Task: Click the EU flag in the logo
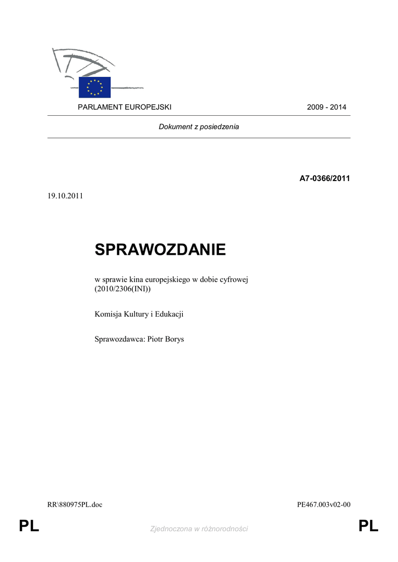[x=95, y=87]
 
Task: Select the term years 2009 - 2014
[x=327, y=107]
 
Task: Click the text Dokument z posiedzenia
[x=199, y=127]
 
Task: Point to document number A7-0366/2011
[x=324, y=178]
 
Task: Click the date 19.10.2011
[x=65, y=196]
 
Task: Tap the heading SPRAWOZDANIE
[x=160, y=250]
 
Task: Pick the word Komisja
[x=108, y=314]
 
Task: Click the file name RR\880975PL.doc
[x=75, y=505]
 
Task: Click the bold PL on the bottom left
[x=29, y=527]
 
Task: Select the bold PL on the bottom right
[x=368, y=527]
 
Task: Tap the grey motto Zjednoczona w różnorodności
[x=199, y=529]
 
